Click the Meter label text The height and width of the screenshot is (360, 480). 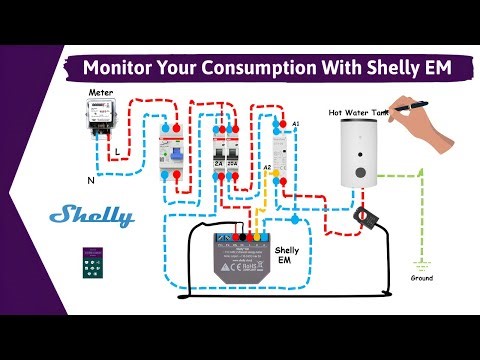101,92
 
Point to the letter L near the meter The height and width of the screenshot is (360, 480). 117,152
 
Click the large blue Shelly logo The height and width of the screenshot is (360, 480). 91,215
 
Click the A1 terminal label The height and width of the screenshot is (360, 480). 295,122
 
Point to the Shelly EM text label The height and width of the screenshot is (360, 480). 286,257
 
